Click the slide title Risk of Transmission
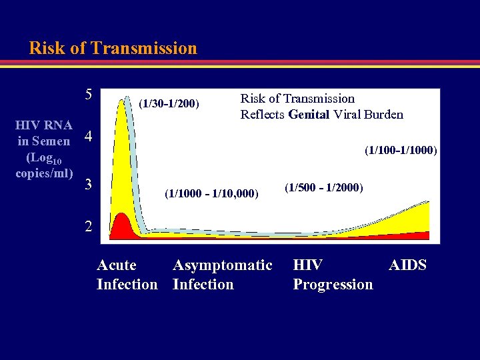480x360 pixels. (113, 49)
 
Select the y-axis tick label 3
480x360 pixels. (87, 183)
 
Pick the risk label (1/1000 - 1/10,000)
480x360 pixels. (211, 194)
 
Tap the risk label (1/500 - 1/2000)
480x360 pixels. (324, 187)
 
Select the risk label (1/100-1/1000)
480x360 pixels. (400, 151)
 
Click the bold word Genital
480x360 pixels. (309, 114)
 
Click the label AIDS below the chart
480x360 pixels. (407, 265)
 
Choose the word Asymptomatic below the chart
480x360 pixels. (223, 265)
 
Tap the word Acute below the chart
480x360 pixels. (117, 265)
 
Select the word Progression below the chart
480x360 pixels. (333, 285)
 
